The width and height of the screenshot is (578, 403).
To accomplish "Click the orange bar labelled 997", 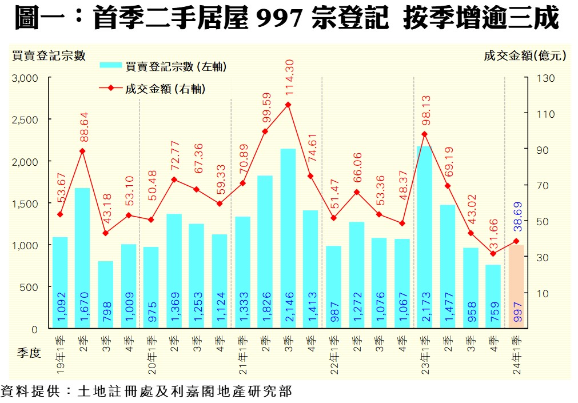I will point(516,286).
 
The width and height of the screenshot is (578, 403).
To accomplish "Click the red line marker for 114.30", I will point(288,105).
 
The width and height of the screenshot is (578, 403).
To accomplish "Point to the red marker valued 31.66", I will point(493,253).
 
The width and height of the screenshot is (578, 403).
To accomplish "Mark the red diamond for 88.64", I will point(82,151).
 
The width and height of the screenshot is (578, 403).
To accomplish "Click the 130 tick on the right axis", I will point(547,78).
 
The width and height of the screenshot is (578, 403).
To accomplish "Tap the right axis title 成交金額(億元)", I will point(524,55).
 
